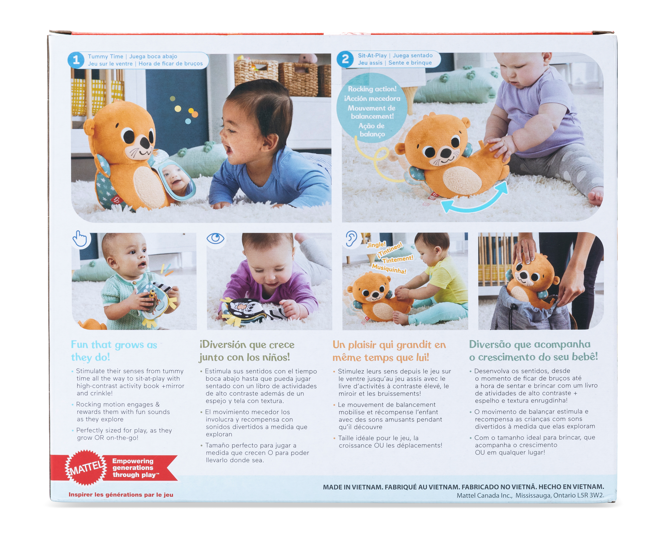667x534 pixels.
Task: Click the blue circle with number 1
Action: (x=76, y=60)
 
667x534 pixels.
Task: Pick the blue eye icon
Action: (x=216, y=238)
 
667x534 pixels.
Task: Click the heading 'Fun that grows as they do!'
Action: (x=114, y=351)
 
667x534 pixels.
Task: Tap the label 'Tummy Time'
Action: (x=106, y=56)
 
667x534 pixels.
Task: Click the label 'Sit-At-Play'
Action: (x=372, y=55)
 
